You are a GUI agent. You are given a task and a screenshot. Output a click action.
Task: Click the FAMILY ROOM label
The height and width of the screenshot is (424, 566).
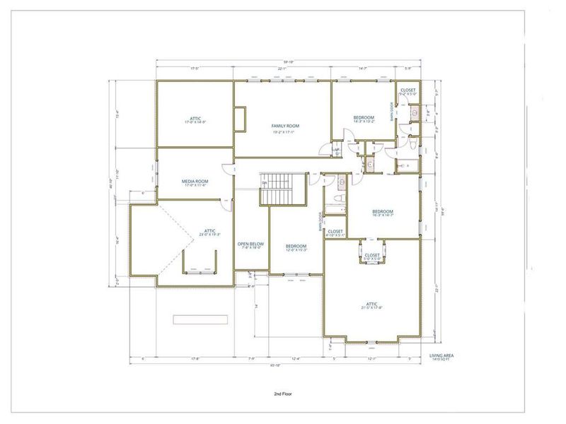click(286, 126)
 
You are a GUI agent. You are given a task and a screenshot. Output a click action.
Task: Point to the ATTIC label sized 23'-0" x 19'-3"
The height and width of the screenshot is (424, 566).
click(210, 231)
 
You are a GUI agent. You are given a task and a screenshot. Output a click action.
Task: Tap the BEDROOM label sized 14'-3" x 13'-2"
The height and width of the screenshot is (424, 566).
click(364, 117)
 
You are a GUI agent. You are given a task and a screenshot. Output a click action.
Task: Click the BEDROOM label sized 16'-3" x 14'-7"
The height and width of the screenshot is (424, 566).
click(383, 212)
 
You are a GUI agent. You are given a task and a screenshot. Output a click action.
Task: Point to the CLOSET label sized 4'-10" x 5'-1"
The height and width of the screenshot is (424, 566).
click(335, 232)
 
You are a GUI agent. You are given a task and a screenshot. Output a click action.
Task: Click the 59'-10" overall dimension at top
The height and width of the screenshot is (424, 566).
click(287, 61)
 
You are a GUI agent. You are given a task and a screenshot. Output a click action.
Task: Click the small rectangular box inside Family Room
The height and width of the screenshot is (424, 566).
click(241, 119)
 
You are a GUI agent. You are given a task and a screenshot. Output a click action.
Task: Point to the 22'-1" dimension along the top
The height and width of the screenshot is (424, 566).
click(283, 69)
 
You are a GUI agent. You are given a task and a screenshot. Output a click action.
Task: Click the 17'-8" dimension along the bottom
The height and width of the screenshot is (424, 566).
click(193, 358)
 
